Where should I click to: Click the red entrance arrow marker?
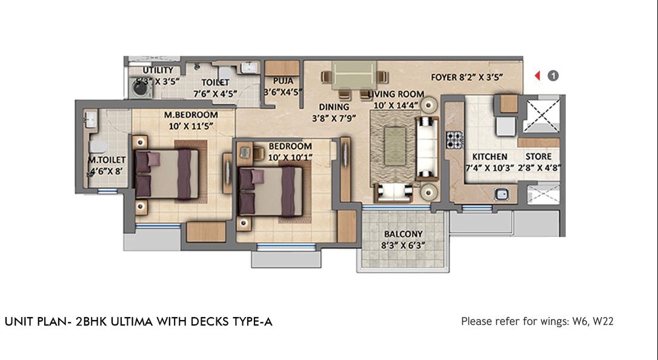click(x=537, y=76)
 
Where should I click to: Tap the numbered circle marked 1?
click(x=553, y=76)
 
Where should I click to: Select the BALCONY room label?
click(x=403, y=234)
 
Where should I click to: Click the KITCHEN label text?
click(x=490, y=156)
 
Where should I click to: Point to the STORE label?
click(x=539, y=156)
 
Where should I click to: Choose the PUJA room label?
click(x=284, y=81)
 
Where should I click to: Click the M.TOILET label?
click(x=107, y=160)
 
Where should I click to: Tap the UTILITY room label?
click(x=158, y=70)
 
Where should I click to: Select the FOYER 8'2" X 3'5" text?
click(x=467, y=77)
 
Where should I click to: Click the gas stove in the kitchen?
click(x=454, y=140)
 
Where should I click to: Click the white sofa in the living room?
click(x=427, y=148)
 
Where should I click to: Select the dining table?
click(x=354, y=75)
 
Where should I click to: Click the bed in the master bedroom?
click(x=167, y=174)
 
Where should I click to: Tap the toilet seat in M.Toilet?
click(x=99, y=147)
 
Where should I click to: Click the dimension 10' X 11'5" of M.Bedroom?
click(x=191, y=126)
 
